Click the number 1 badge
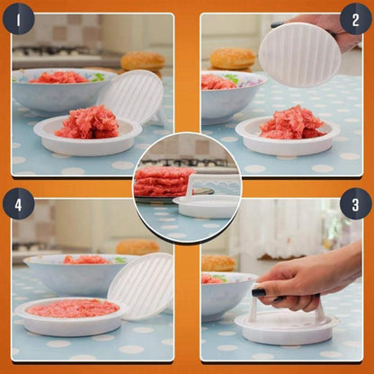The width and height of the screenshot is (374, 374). coord(19,18)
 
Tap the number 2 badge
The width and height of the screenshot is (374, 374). coord(356,18)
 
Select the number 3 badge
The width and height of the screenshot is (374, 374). coord(356,203)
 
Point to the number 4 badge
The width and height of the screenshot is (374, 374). coord(19,203)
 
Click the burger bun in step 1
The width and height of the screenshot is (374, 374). coord(143,61)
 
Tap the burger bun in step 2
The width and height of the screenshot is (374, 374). coord(233,58)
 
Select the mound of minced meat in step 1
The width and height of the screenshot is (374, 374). coord(87,122)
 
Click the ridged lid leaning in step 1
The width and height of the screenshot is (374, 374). coord(129,96)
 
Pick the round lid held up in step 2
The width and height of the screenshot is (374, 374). coord(300,55)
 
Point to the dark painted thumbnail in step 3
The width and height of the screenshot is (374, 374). coord(259,292)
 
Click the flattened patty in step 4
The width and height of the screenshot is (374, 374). coord(73,308)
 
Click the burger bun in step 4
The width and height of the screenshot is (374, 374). coord(137,246)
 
